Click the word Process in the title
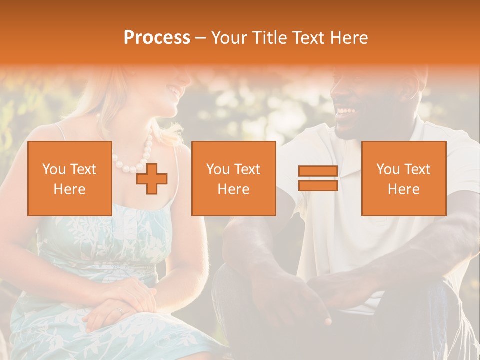pos(157,38)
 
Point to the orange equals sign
pos(318,178)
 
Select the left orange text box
pos(70,178)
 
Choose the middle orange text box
pos(233,178)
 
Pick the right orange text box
pos(404,178)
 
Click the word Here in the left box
pos(70,189)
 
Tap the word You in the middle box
pos(218,169)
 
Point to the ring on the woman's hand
pos(119,310)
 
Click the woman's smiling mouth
pos(174,90)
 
